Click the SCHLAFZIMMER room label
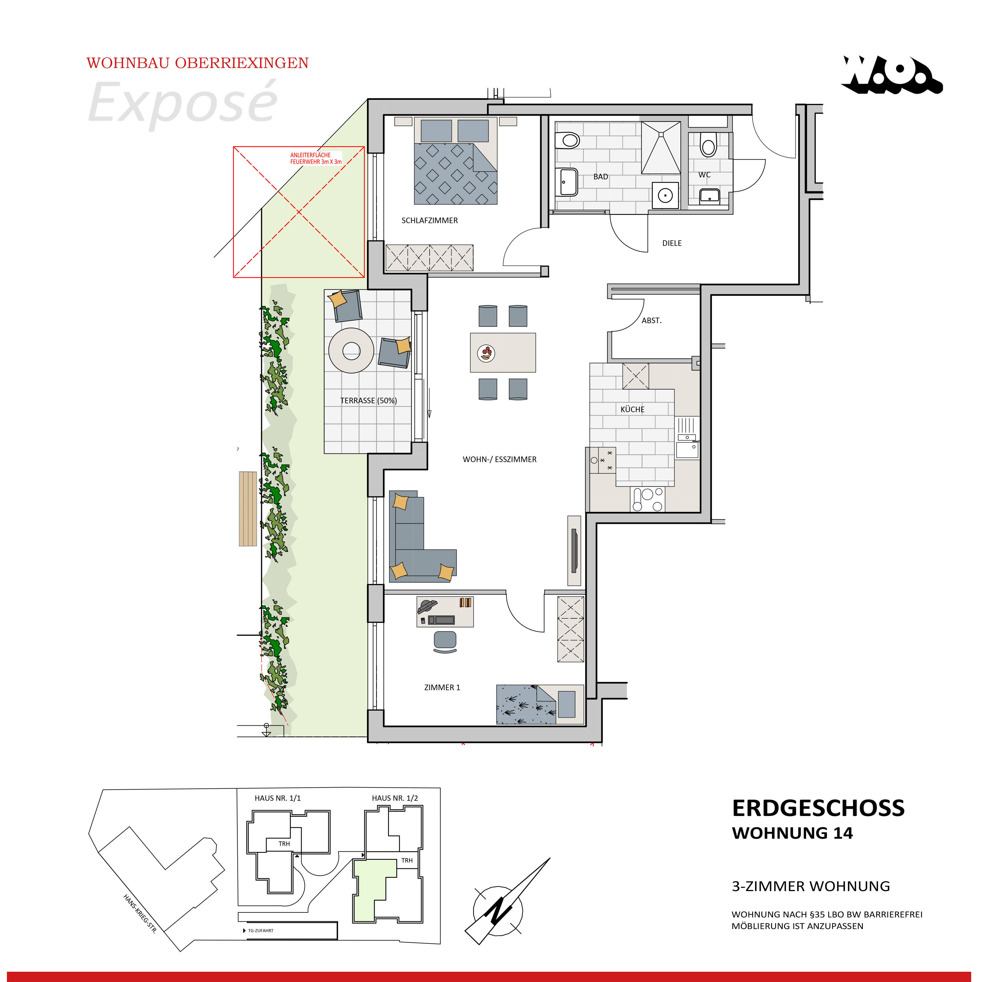pos(430,220)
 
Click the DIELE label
pos(672,243)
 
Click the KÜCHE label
pos(632,409)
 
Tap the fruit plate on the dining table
pos(486,353)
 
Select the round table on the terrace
pos(351,351)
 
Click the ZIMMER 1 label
pos(442,687)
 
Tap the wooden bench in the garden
pos(248,508)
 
